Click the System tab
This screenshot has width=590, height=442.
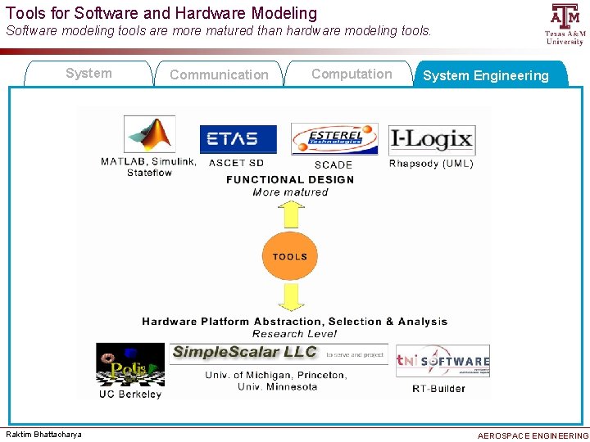[x=88, y=74]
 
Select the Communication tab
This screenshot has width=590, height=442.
[x=219, y=74]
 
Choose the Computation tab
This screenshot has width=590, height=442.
[x=352, y=74]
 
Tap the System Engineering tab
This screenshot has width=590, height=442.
[x=486, y=75]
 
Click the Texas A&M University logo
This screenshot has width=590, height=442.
[x=565, y=24]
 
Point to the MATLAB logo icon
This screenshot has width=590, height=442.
[x=149, y=134]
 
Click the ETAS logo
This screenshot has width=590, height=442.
[x=238, y=139]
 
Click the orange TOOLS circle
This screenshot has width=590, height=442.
[x=290, y=256]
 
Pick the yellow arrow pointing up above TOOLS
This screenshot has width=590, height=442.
[x=290, y=214]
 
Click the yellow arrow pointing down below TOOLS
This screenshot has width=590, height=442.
[x=290, y=298]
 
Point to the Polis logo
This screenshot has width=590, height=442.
[x=130, y=364]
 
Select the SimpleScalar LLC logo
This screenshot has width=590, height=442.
[x=244, y=352]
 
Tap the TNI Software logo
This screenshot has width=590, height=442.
[x=442, y=361]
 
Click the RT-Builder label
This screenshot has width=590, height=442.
[x=438, y=389]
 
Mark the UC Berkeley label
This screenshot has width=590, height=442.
[x=130, y=394]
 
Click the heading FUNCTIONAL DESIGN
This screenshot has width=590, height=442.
[x=290, y=179]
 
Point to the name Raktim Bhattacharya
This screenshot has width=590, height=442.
[x=44, y=435]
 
